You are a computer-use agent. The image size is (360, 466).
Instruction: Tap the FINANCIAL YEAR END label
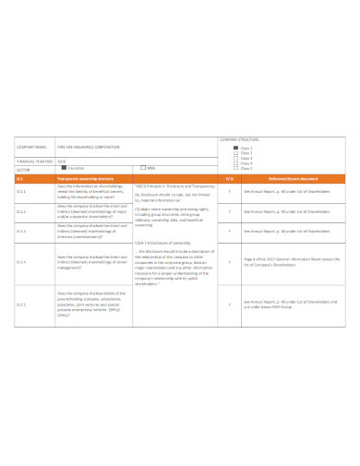tap(33, 161)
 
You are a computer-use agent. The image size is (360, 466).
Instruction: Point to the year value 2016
tap(62, 161)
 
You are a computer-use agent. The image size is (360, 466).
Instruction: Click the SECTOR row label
tap(24, 169)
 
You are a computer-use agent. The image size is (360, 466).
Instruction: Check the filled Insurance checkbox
tap(63, 168)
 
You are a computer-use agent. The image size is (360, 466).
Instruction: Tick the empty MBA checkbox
tap(141, 168)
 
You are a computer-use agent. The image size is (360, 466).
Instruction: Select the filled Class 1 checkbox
tap(235, 147)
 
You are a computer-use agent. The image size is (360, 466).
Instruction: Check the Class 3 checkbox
tap(235, 158)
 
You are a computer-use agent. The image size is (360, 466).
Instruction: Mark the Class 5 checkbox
tap(235, 168)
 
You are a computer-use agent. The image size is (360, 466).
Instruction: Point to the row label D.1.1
tap(22, 191)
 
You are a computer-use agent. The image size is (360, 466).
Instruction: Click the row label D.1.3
tap(22, 232)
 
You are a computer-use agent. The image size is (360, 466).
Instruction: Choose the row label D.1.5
tap(22, 303)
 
